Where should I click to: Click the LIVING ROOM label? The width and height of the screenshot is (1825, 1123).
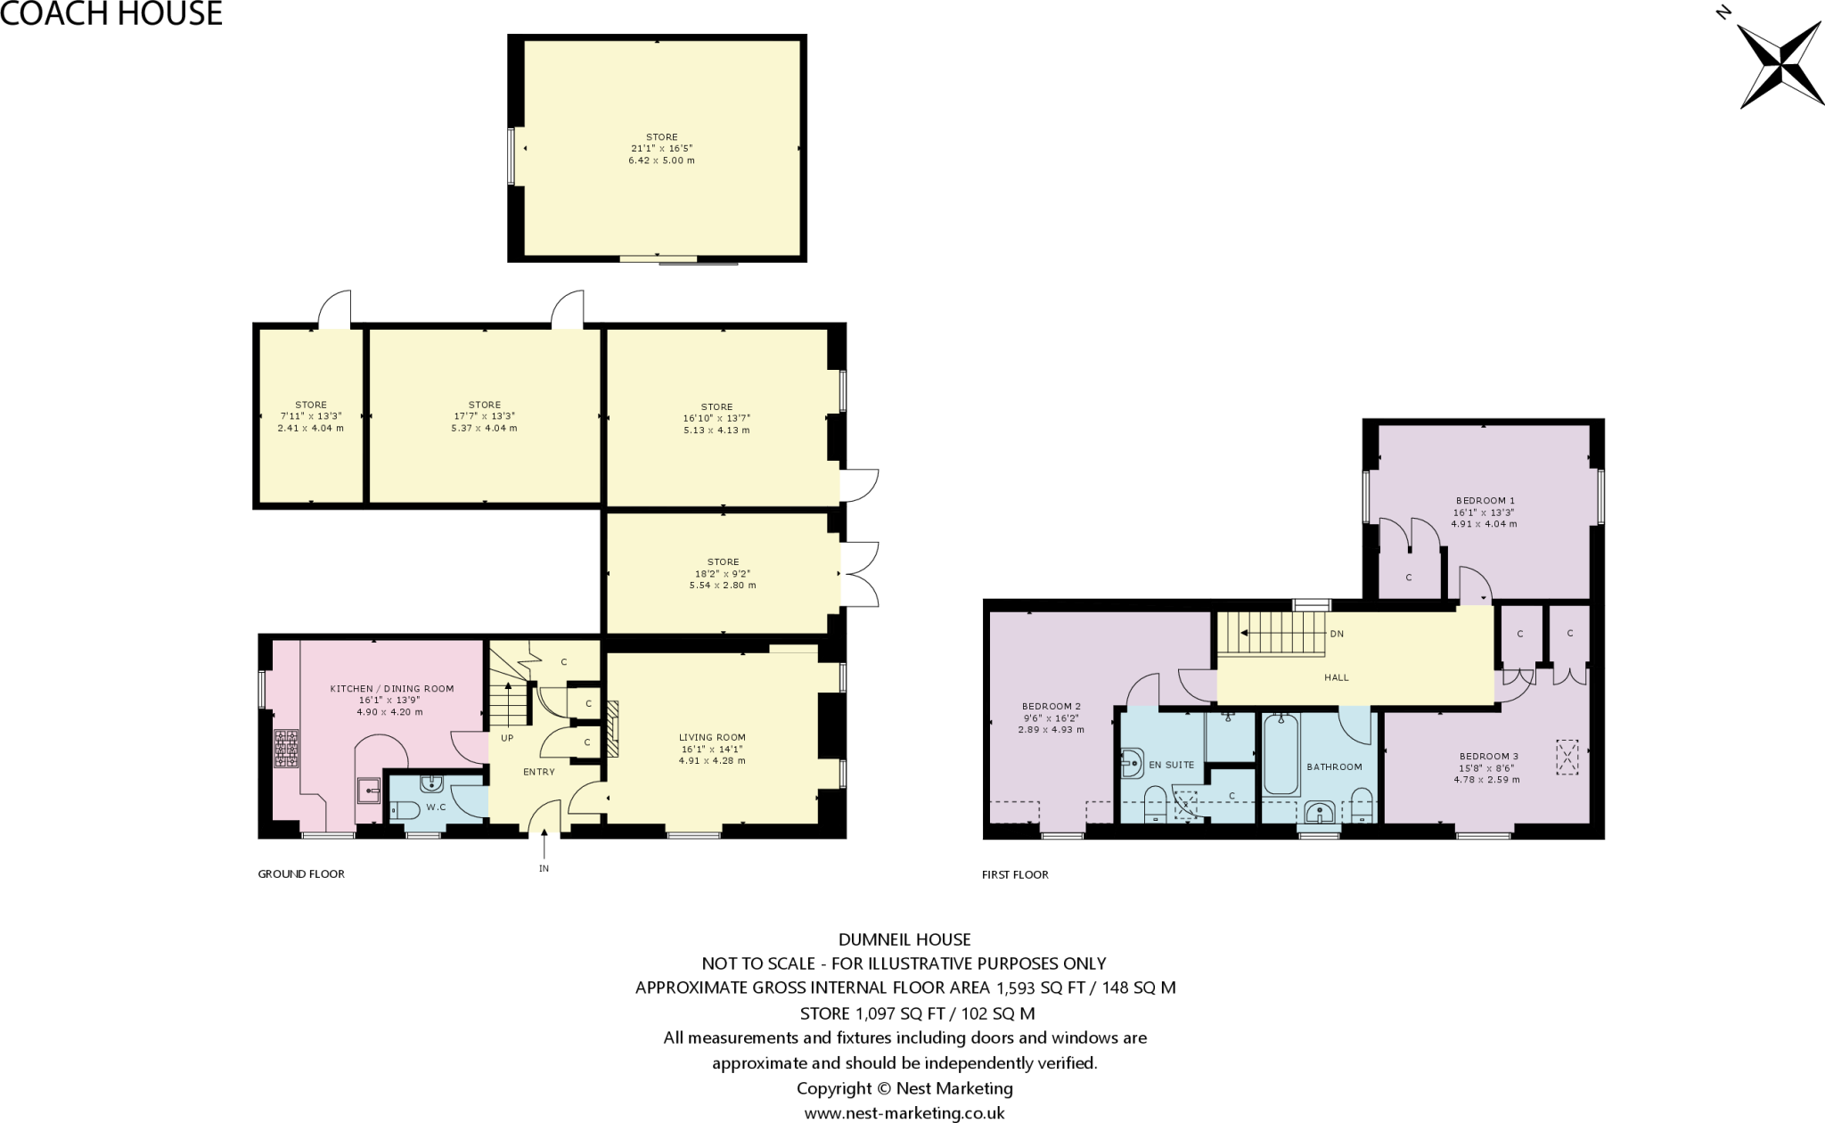[712, 737]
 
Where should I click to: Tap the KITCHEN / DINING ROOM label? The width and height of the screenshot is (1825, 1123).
[391, 689]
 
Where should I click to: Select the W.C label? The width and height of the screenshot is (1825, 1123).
[436, 807]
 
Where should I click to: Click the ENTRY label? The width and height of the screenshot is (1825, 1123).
[539, 772]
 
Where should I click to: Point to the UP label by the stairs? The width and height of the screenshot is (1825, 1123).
[507, 738]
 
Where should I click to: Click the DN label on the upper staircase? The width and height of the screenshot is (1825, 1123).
[1337, 635]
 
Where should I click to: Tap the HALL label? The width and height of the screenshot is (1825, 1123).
[1337, 677]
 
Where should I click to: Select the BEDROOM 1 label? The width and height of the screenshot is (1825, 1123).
[1485, 501]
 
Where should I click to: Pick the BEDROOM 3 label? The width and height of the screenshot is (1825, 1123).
[1489, 757]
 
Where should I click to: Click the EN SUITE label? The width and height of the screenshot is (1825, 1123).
[1172, 765]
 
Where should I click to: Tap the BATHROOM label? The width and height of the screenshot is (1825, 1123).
[1334, 766]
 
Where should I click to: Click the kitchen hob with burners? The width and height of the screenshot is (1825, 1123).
[287, 749]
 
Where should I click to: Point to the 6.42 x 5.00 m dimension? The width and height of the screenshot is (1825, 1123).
[661, 160]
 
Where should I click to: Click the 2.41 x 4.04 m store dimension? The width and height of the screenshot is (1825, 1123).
[310, 428]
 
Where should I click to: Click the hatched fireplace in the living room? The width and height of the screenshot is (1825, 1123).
[613, 729]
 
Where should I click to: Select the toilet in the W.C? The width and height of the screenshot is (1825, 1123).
[405, 811]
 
